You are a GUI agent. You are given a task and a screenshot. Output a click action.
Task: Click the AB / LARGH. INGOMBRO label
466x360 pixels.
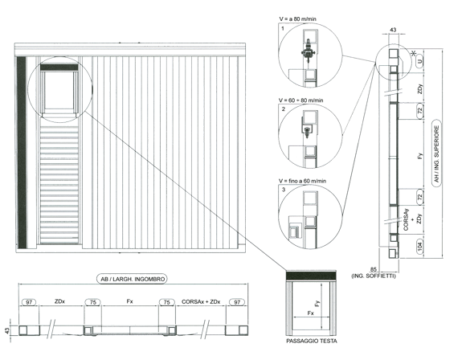coord(133,279)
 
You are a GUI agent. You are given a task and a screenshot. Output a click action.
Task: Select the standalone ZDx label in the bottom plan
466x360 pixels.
coord(59,301)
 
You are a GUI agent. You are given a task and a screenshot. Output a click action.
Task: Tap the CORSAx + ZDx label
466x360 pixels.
coord(201,301)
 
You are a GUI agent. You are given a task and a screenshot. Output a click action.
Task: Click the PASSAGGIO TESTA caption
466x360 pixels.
coord(312,341)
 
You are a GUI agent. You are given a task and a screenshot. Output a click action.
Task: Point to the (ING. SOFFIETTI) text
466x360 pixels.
coord(374,276)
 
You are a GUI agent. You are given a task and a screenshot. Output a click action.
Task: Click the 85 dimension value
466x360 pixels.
coord(374,269)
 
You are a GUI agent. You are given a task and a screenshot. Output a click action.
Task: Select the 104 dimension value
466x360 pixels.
coord(420,247)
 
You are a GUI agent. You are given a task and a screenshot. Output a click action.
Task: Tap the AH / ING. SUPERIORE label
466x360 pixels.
coord(436,153)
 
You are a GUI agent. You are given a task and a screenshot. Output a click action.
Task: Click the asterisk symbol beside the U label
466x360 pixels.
coord(413,54)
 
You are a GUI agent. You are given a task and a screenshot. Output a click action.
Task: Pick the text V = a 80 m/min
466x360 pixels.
coord(297,19)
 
